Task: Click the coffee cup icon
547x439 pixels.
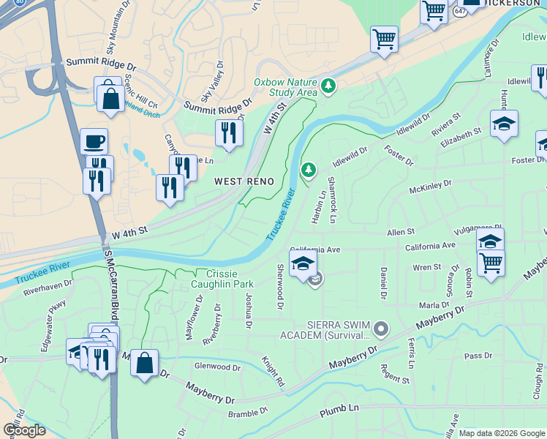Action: click(94, 140)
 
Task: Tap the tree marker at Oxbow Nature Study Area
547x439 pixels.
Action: click(329, 86)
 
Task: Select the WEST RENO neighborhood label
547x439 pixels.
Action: click(244, 181)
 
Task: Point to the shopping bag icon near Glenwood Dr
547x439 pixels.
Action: click(145, 362)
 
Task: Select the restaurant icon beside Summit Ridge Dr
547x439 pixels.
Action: click(229, 132)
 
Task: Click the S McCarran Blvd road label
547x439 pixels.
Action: click(111, 272)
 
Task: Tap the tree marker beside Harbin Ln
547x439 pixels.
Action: click(309, 170)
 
